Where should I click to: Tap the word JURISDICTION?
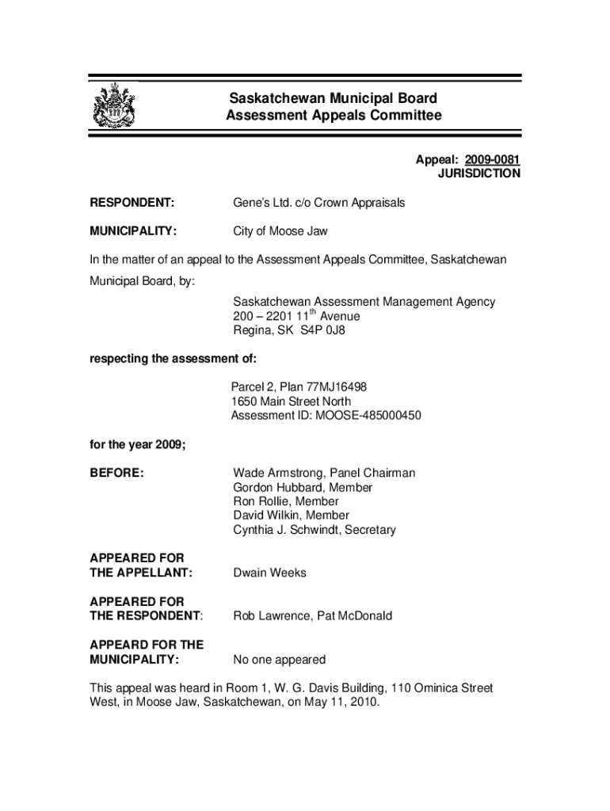click(x=479, y=174)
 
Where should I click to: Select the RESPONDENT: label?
click(x=132, y=203)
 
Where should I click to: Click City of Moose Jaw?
click(x=280, y=231)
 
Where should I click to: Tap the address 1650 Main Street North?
click(x=291, y=402)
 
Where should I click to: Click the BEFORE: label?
click(x=116, y=473)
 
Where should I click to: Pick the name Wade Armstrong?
click(x=277, y=473)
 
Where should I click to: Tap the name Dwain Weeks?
click(x=269, y=573)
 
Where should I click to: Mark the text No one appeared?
click(x=279, y=659)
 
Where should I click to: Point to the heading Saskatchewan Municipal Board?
click(x=333, y=99)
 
